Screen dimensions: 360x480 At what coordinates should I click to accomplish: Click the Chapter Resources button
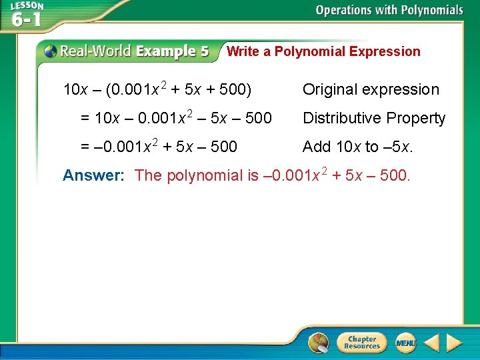click(x=362, y=343)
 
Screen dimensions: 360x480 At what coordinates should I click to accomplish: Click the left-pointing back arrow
click(x=431, y=343)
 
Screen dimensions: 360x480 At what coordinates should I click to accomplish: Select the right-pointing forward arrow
click(x=454, y=343)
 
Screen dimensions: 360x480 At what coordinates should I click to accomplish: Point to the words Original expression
click(x=371, y=90)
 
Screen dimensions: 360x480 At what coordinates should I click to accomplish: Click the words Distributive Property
click(x=373, y=119)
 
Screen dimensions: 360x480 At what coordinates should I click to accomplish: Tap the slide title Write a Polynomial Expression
click(x=323, y=51)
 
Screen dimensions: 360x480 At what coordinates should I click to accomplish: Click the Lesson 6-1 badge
click(x=27, y=15)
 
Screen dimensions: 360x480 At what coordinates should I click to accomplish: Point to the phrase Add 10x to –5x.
click(x=358, y=147)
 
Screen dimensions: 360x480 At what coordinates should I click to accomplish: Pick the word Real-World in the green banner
click(x=97, y=51)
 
